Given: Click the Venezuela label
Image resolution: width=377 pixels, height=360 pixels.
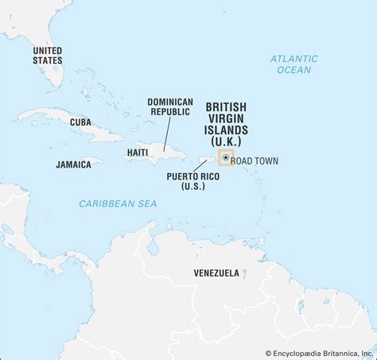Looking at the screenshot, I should (x=216, y=273).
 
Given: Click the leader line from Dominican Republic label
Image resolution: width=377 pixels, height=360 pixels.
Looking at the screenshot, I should (x=168, y=132).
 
